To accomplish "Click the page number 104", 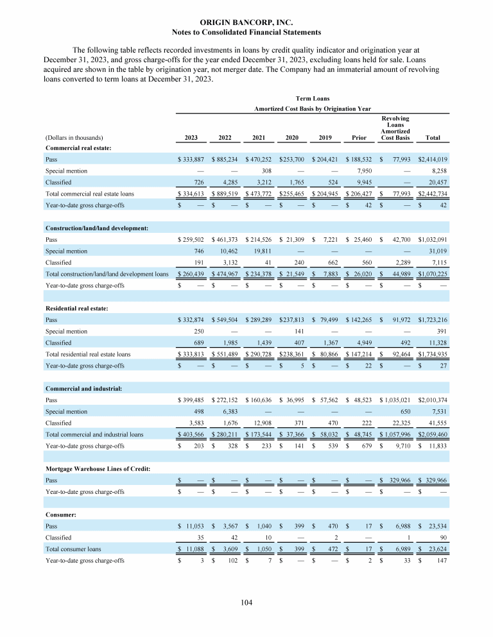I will coord(246,602).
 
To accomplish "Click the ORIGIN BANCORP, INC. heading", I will coord(246,22).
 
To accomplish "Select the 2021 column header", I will coord(259,137).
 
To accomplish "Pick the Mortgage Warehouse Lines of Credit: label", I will coord(98,470).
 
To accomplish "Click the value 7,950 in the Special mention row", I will coord(358,171).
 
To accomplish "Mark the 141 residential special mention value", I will coord(295,332).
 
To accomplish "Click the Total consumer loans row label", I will coord(72,548).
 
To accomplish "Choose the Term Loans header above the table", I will coord(313,98).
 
